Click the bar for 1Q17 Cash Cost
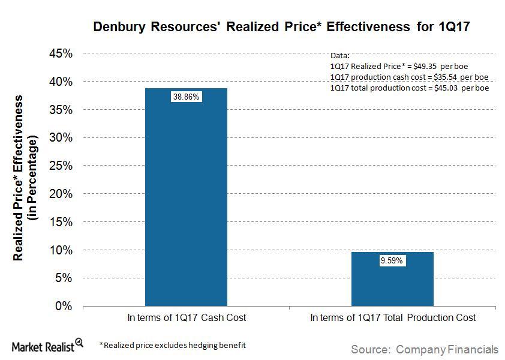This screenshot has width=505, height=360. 186,197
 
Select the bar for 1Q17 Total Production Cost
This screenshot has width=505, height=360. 392,279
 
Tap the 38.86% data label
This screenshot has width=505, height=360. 186,97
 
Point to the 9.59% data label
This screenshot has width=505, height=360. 392,261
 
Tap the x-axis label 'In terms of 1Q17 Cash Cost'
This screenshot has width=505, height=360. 187,318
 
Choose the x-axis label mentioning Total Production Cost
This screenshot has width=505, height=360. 393,318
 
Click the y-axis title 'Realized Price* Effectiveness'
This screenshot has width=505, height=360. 19,178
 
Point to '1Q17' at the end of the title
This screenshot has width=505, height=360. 458,27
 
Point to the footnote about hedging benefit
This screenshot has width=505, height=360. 172,345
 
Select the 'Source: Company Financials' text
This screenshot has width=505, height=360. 424,349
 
